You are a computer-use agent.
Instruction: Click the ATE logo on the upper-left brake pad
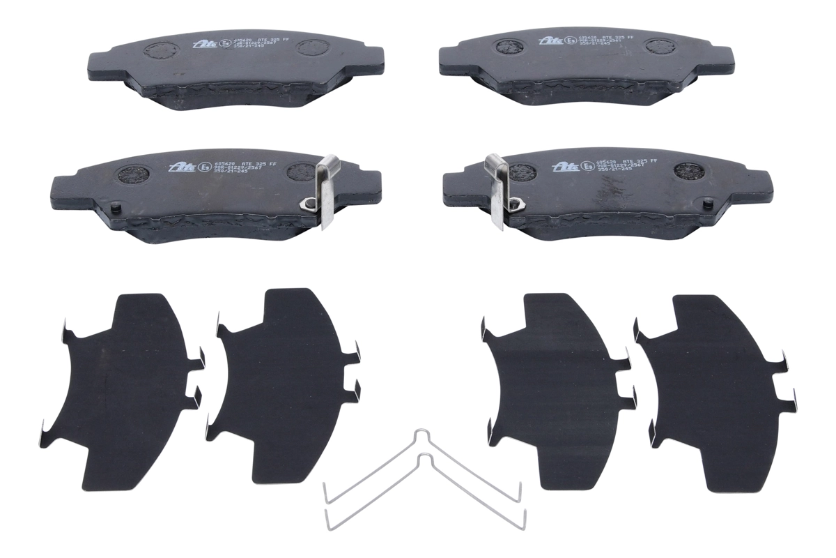point(202,43)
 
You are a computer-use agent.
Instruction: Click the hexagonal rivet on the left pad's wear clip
point(306,203)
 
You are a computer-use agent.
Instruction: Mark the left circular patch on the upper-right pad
point(512,47)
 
